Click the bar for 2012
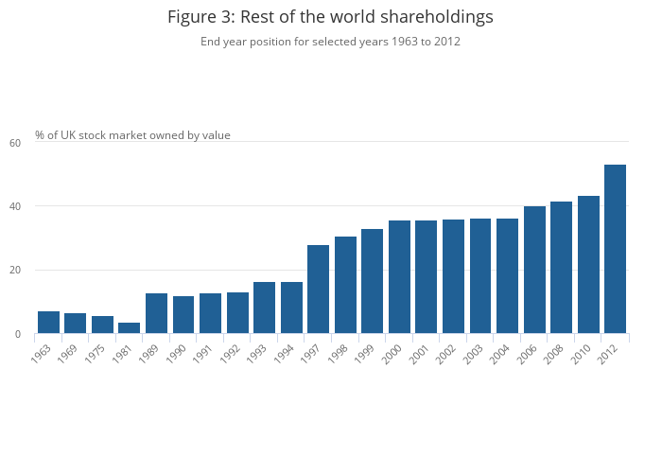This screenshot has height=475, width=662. click(x=615, y=249)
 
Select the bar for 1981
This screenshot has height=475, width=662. click(x=130, y=328)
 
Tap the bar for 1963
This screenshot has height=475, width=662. click(x=48, y=323)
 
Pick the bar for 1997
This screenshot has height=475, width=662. click(x=318, y=290)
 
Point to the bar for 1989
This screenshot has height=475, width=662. click(x=156, y=313)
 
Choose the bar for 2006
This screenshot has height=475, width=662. click(x=534, y=270)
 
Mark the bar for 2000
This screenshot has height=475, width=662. click(x=399, y=277)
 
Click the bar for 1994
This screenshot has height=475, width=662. click(x=291, y=308)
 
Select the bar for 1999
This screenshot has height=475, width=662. click(x=372, y=281)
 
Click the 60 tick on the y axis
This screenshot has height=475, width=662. click(x=15, y=143)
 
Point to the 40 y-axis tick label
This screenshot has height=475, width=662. click(x=15, y=206)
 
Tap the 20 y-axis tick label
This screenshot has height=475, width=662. click(x=15, y=271)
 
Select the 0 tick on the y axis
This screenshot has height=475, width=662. click(x=18, y=334)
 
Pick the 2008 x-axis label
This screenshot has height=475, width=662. click(x=560, y=354)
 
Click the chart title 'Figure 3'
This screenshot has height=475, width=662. click(x=330, y=17)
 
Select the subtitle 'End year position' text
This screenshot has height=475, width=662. click(x=330, y=42)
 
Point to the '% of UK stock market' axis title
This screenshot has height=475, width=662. click(x=132, y=135)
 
